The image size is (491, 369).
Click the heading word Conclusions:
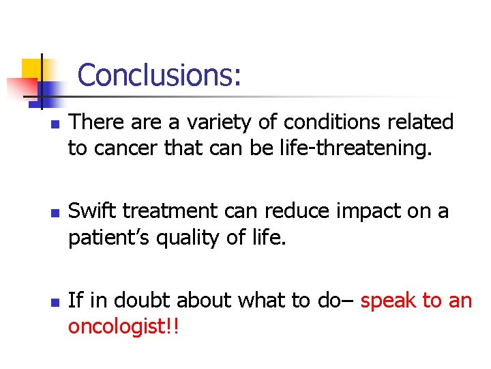click(x=159, y=75)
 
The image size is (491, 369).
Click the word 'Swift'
click(x=93, y=211)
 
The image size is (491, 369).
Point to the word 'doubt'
click(x=146, y=299)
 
